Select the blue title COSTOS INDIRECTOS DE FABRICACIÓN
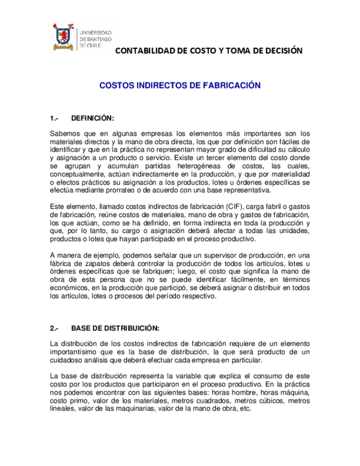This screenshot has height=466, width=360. [179, 86]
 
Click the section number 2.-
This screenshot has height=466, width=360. [54, 329]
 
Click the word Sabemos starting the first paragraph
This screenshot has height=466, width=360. [65, 134]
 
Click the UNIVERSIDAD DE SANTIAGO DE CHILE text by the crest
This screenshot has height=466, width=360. [96, 40]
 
